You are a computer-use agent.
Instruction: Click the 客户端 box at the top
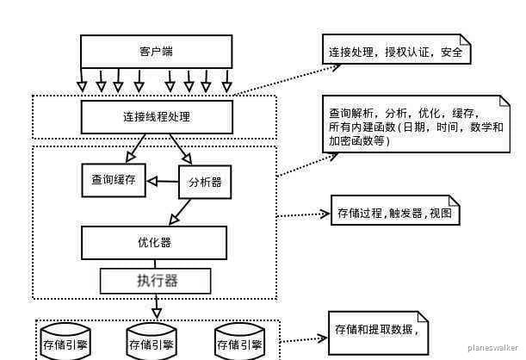tap(156, 51)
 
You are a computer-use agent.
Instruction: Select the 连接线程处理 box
tap(156, 116)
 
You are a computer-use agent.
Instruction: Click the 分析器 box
tap(204, 182)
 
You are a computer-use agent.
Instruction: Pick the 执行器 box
tap(156, 280)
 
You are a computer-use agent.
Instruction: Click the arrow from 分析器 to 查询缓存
tap(161, 181)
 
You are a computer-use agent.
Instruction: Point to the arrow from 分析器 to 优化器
tap(182, 211)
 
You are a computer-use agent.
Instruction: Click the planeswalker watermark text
tap(492, 348)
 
